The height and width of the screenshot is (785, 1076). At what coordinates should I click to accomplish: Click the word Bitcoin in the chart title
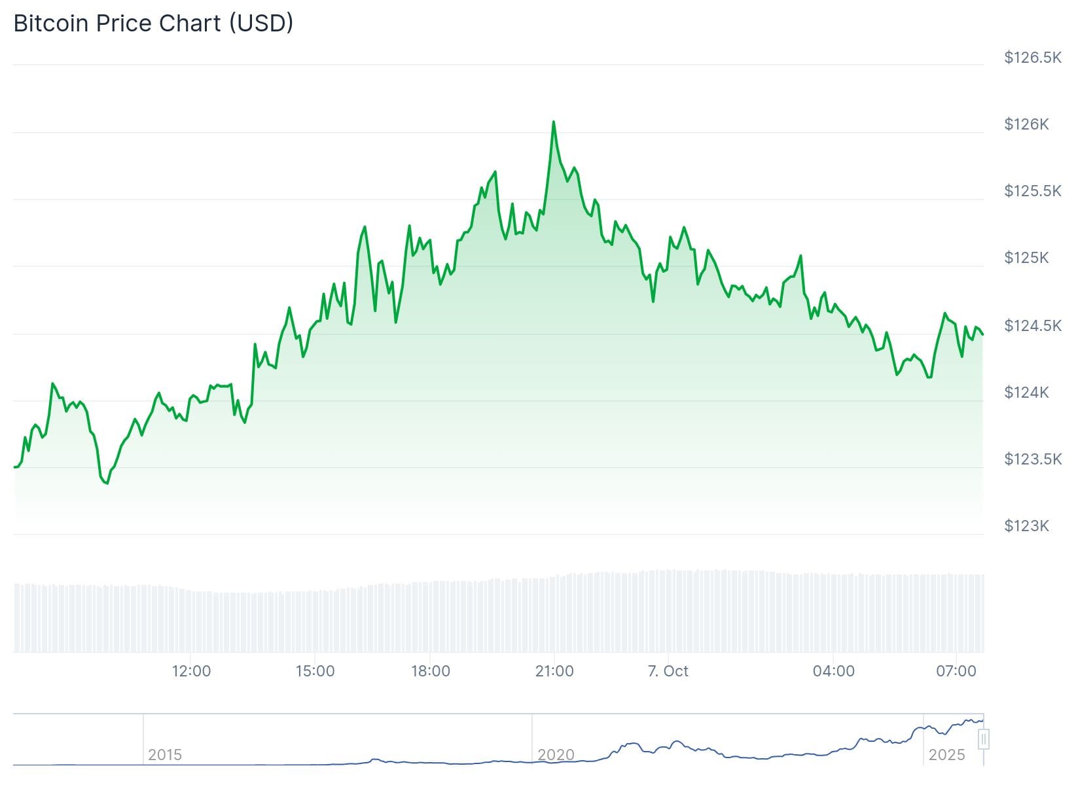coord(51,23)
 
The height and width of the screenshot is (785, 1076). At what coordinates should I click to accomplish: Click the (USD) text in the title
coord(260,23)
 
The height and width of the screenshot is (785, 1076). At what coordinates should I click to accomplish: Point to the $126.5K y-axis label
coord(1032,58)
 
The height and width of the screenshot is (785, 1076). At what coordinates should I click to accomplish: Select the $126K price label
coord(1026,124)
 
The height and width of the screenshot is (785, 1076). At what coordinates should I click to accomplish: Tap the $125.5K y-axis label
coord(1032,191)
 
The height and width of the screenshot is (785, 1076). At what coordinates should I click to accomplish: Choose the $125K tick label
coord(1026,258)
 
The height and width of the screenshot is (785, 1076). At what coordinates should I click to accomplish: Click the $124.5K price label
coord(1032,325)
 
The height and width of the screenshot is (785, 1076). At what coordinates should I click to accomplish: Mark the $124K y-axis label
coord(1026,392)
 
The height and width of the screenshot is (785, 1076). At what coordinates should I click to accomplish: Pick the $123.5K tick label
coord(1032,459)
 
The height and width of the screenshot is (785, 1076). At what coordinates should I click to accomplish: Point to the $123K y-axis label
coord(1026,526)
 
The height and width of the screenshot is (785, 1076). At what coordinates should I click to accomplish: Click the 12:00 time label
coord(191,671)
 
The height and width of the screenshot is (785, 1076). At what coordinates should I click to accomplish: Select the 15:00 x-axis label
coord(315,671)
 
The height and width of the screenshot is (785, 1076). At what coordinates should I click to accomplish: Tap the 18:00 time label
coord(430,671)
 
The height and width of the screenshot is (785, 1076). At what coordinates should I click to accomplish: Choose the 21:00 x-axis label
coord(554,671)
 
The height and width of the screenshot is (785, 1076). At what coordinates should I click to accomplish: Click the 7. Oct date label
coord(668,671)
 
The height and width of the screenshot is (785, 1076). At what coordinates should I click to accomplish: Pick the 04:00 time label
coord(833,671)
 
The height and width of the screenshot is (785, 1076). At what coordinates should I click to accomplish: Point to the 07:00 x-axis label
coord(956,671)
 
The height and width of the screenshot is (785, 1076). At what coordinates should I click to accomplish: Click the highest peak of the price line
coord(554,122)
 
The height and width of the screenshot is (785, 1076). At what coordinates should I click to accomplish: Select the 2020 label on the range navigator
coord(556,755)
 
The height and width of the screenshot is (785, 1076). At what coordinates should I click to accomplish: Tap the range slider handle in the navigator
coord(982,740)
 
